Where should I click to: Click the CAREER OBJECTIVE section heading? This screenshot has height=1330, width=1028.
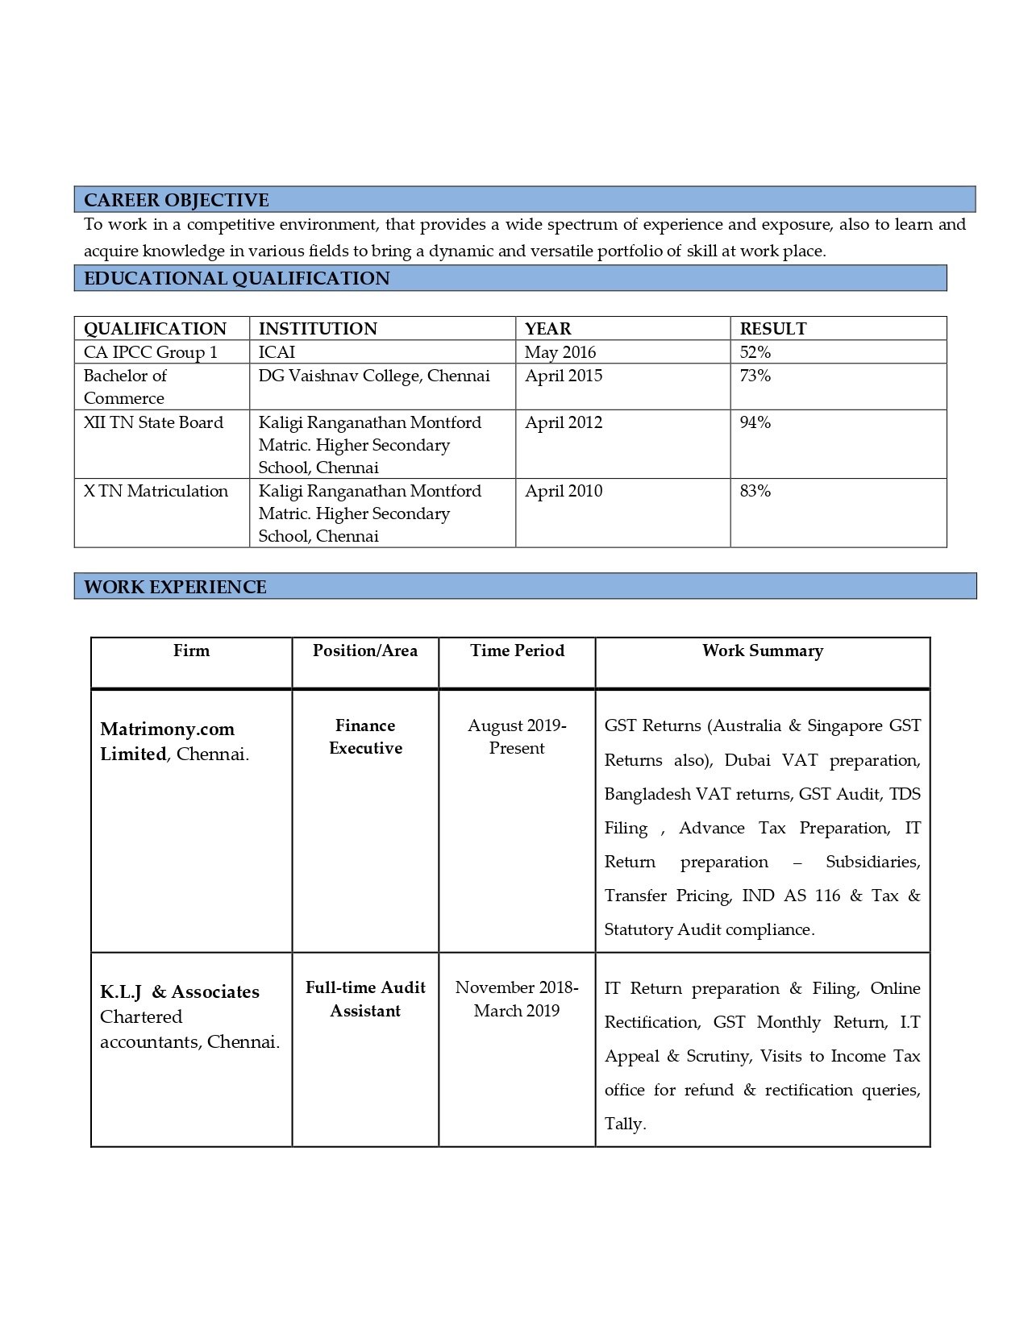pyautogui.click(x=177, y=200)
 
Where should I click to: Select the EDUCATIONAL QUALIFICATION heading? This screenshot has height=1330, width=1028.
pyautogui.click(x=236, y=278)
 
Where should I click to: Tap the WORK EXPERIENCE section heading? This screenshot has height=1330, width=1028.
pyautogui.click(x=175, y=587)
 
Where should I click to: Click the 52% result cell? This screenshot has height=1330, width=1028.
pyautogui.click(x=755, y=352)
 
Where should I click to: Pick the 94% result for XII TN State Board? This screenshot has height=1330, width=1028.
pyautogui.click(x=755, y=422)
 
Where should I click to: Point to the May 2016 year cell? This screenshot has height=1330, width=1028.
pyautogui.click(x=560, y=352)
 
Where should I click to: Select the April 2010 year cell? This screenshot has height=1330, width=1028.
pyautogui.click(x=564, y=491)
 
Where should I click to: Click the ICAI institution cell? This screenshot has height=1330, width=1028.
pyautogui.click(x=277, y=352)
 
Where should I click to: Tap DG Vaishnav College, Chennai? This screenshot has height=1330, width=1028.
pyautogui.click(x=374, y=376)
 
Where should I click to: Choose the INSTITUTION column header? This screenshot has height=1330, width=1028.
pyautogui.click(x=318, y=329)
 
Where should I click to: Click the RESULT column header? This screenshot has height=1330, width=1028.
pyautogui.click(x=773, y=329)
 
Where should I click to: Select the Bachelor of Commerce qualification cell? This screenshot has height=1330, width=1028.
pyautogui.click(x=125, y=387)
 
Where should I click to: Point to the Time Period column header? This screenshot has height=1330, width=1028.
pyautogui.click(x=518, y=650)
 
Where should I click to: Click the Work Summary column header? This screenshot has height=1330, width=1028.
pyautogui.click(x=763, y=650)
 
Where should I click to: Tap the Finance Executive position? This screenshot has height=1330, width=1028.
pyautogui.click(x=365, y=737)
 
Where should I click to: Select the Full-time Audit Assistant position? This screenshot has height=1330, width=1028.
pyautogui.click(x=365, y=999)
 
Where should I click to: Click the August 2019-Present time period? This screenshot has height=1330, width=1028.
pyautogui.click(x=517, y=737)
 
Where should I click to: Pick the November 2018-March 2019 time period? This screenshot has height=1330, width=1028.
pyautogui.click(x=517, y=999)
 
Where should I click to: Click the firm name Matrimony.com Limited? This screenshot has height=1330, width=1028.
pyautogui.click(x=167, y=741)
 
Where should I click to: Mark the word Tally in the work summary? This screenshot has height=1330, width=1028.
pyautogui.click(x=623, y=1124)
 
